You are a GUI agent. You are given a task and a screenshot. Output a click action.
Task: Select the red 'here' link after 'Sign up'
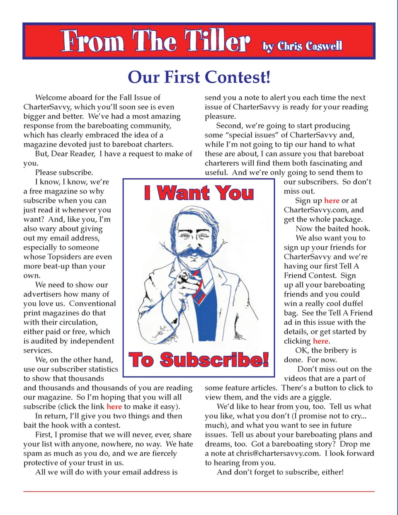coord(332,201)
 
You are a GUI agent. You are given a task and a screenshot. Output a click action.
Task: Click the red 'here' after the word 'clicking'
coord(320,341)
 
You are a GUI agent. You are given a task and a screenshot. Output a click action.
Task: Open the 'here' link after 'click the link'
coord(114,407)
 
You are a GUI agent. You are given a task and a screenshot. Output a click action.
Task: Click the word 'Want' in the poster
coord(183,193)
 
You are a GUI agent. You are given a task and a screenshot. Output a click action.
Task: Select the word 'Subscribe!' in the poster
coord(214,360)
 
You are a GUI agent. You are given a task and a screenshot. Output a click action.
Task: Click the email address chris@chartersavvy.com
coord(278,454)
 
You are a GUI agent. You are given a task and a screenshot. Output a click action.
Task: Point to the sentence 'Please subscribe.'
coord(64,172)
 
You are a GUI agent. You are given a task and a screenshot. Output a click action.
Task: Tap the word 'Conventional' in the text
coord(92,304)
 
